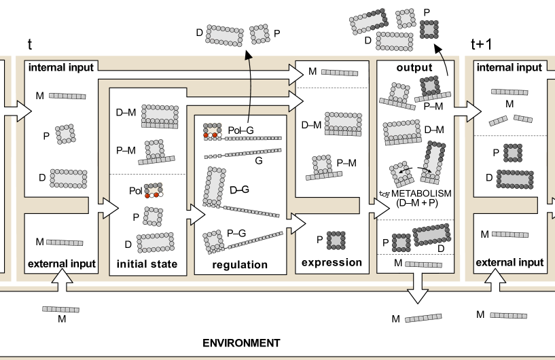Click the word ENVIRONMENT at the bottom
coord(241,343)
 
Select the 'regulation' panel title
coord(240,265)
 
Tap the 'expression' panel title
coord(332,262)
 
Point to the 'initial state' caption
coord(147,264)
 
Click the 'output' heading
coord(414,67)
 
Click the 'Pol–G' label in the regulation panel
coord(240,129)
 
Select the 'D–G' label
coord(239,190)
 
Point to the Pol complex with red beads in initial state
coord(154,190)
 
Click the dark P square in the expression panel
coord(337,240)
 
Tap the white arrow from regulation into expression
coord(298,222)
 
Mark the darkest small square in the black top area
coord(429,29)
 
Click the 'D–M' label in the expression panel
coord(311,124)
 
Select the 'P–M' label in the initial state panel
coord(126,149)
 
